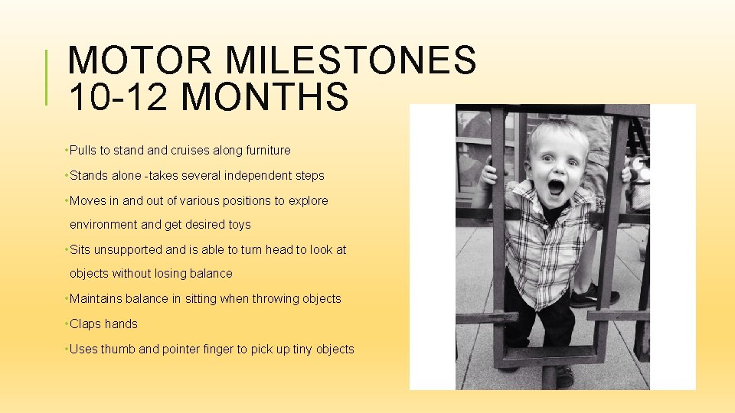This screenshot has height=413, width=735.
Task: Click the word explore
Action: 308,201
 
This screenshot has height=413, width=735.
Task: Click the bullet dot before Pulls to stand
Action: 67,151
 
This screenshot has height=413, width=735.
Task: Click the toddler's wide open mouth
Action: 555,187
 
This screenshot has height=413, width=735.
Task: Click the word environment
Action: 103,225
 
